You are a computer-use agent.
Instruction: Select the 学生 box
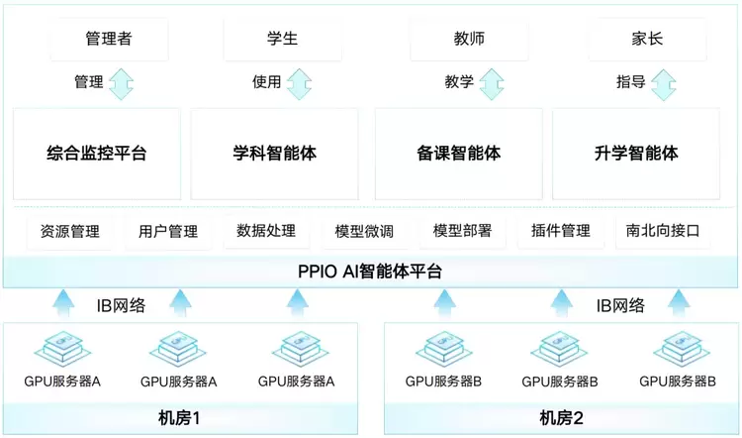[282, 39]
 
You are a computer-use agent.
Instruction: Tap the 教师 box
[468, 39]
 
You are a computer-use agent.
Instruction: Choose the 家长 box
[647, 39]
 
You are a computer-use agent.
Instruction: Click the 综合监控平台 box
[97, 154]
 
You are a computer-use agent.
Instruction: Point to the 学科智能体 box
[275, 154]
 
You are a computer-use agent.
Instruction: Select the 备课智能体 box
[458, 154]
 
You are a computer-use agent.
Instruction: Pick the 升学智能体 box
[637, 154]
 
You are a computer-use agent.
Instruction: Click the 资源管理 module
[70, 232]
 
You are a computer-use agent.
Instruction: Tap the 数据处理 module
[266, 232]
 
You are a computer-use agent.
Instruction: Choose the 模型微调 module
[364, 232]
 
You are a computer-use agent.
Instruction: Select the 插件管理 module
[560, 232]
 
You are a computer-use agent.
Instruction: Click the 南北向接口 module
[663, 232]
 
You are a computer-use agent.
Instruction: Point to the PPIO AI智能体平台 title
[370, 271]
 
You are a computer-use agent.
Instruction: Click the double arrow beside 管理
[121, 83]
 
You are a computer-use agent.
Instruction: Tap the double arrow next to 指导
[664, 83]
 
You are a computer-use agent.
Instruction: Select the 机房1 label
[179, 418]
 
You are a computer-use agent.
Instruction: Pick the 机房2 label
[560, 418]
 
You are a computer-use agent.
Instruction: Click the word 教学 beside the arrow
[459, 83]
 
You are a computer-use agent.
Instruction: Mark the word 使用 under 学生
[266, 83]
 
